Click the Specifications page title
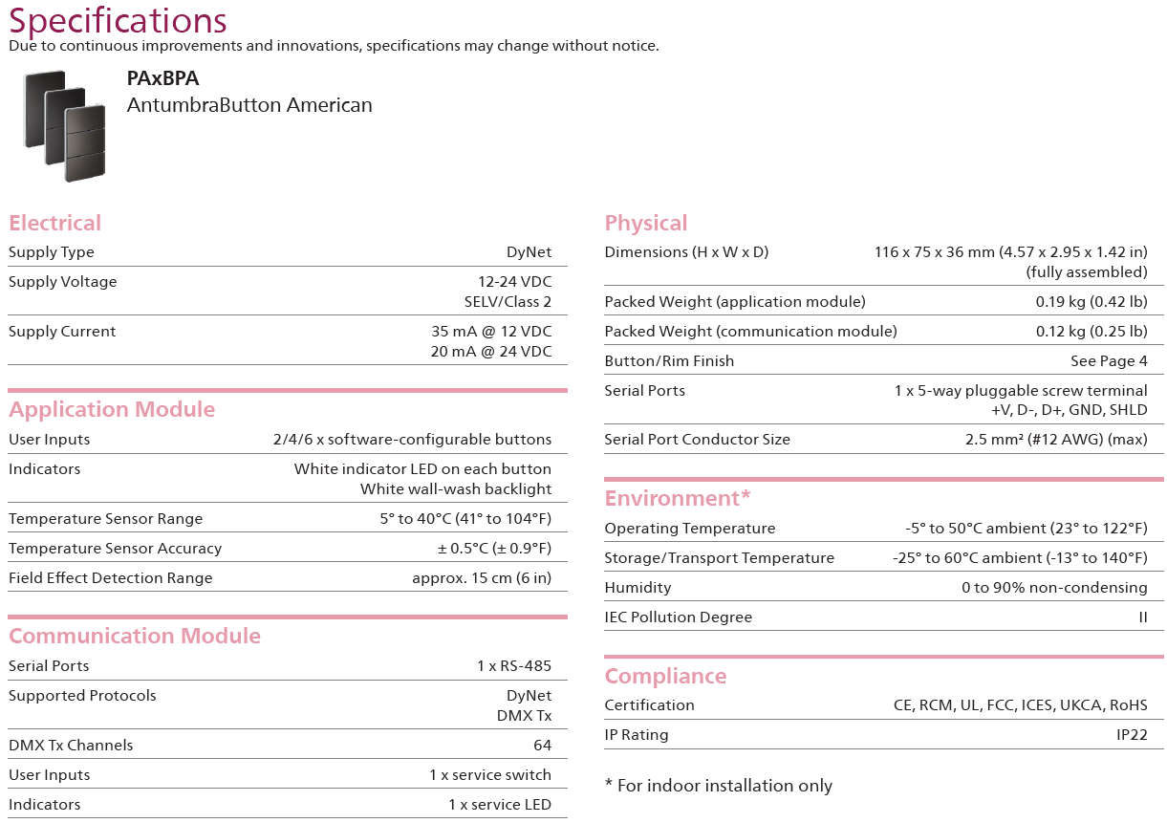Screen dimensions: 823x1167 [118, 20]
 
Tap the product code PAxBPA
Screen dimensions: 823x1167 [162, 79]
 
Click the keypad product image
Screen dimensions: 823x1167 [68, 124]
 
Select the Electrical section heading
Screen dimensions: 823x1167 [54, 223]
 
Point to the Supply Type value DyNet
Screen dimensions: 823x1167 [529, 252]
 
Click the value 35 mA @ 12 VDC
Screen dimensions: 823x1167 [491, 332]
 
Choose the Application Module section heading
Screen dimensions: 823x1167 [112, 409]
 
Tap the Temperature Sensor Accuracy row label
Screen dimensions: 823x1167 [115, 549]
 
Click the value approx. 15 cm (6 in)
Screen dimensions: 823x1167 [482, 578]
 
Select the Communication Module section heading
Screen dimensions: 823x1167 [135, 636]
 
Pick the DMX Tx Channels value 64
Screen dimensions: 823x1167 [542, 746]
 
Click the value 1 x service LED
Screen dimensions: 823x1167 [499, 805]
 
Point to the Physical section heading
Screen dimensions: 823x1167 [646, 223]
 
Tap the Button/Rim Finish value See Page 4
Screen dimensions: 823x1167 [1109, 361]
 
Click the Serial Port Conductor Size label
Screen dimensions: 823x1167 [697, 440]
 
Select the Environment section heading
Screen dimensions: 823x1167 [678, 498]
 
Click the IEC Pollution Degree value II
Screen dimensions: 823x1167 [1142, 617]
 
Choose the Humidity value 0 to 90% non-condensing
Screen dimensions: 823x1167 [1054, 588]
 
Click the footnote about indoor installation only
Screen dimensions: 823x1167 [719, 786]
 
